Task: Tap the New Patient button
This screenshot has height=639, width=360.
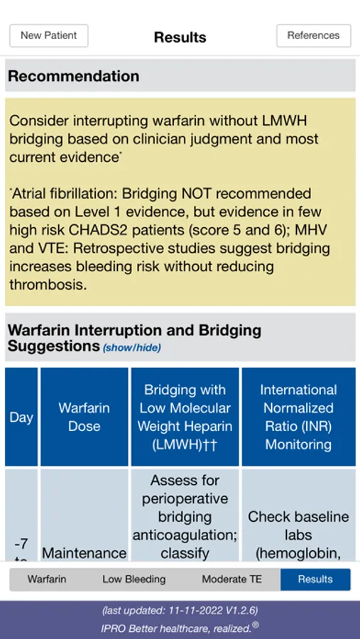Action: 49,36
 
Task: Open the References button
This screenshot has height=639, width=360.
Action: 314,36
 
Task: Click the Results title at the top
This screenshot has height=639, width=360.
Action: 180,37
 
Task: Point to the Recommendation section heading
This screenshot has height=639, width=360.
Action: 73,76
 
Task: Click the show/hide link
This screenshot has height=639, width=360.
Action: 131,348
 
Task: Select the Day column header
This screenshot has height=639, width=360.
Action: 21,417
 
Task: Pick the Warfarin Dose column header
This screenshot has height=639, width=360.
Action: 84,417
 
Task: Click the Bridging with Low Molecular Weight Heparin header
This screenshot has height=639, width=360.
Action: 185,417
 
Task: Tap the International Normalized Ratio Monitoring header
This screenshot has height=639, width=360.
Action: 298,417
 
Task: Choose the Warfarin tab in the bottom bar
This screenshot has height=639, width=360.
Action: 46,579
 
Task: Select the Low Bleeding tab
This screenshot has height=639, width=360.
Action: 133,579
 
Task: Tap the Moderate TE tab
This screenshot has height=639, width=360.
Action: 232,579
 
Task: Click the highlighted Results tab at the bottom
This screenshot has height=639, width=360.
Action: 315,579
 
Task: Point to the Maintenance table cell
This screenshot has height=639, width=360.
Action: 84,553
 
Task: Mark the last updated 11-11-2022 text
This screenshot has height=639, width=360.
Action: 180,611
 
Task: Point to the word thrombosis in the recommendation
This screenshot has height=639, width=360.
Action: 48,285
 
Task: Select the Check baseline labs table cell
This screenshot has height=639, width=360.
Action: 298,525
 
